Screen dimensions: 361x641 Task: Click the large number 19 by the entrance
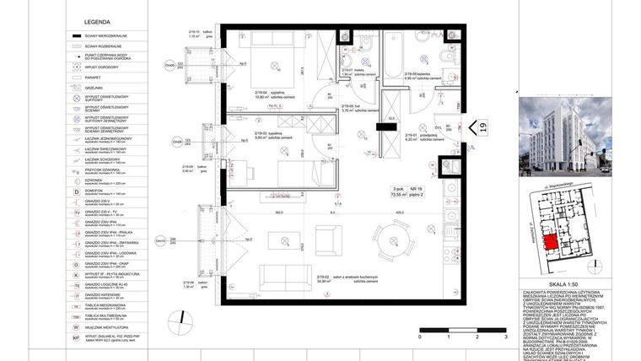[482, 127]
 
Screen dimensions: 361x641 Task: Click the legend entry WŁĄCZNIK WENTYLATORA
[104, 326]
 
